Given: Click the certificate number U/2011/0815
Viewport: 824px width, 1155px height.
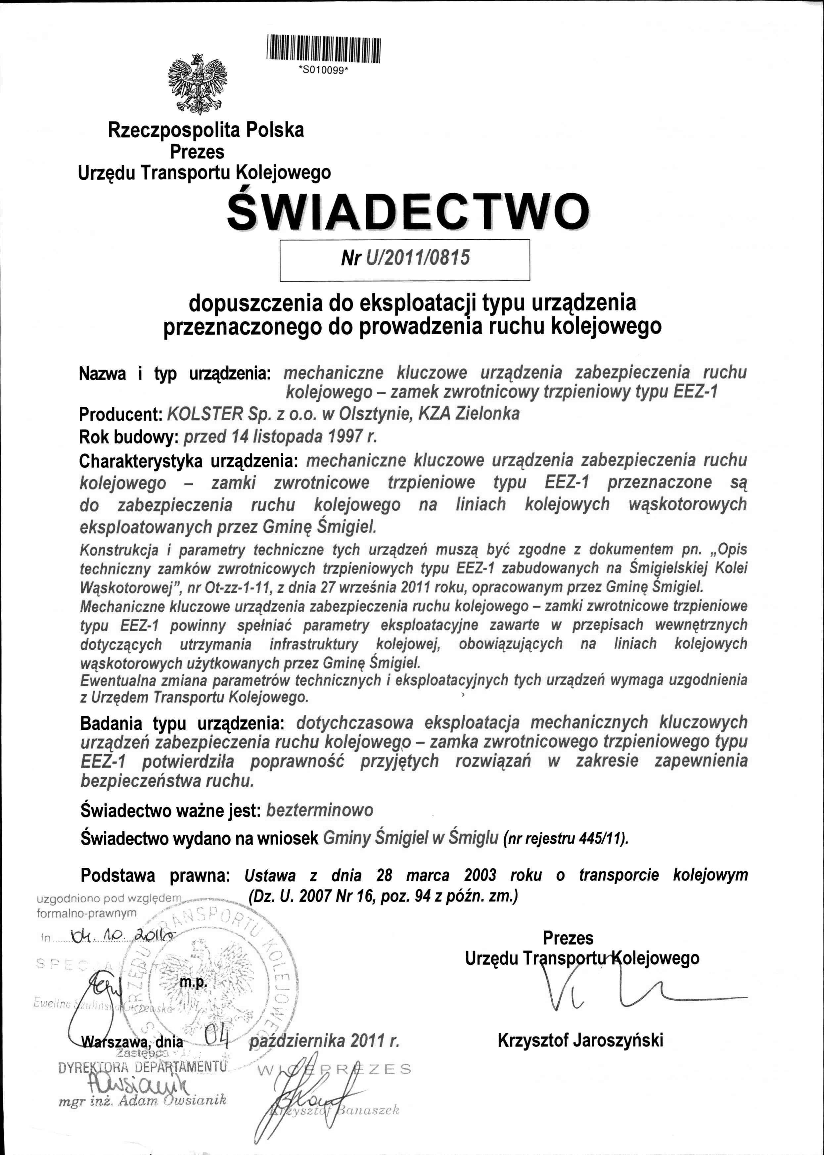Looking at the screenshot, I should click(x=417, y=258).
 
